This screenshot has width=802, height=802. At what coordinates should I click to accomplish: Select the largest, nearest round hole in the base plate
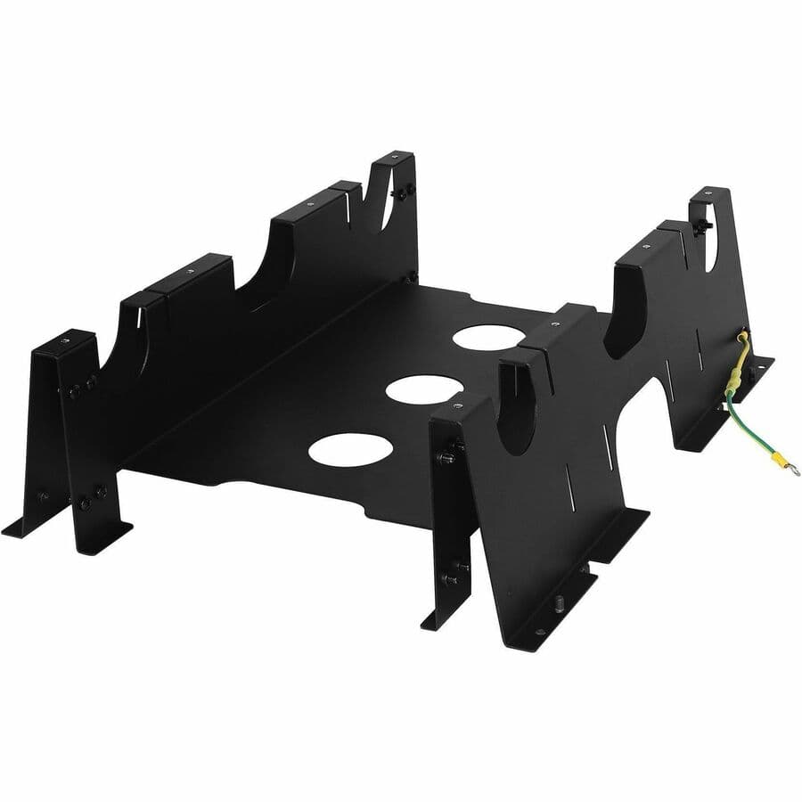351,448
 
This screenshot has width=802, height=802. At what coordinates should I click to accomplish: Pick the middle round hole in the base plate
424,388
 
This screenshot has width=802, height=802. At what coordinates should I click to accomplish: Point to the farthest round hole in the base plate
488,336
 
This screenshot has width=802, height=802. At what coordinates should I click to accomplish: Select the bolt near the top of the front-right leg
446,457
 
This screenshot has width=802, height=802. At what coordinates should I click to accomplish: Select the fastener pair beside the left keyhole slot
406,192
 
